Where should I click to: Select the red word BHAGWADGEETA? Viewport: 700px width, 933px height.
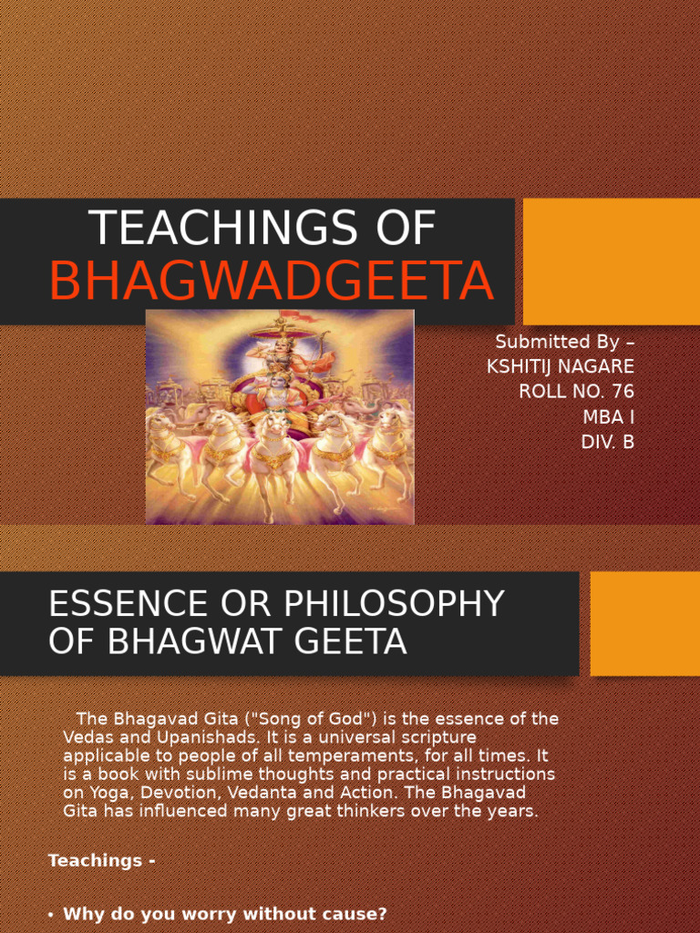[272, 282]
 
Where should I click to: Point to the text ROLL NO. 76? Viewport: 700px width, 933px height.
[576, 392]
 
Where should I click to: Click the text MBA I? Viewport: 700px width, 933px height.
[608, 416]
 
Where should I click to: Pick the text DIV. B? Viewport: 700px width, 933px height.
[607, 442]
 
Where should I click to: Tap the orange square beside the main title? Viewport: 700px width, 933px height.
[612, 261]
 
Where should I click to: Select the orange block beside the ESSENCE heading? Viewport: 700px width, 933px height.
[644, 623]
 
